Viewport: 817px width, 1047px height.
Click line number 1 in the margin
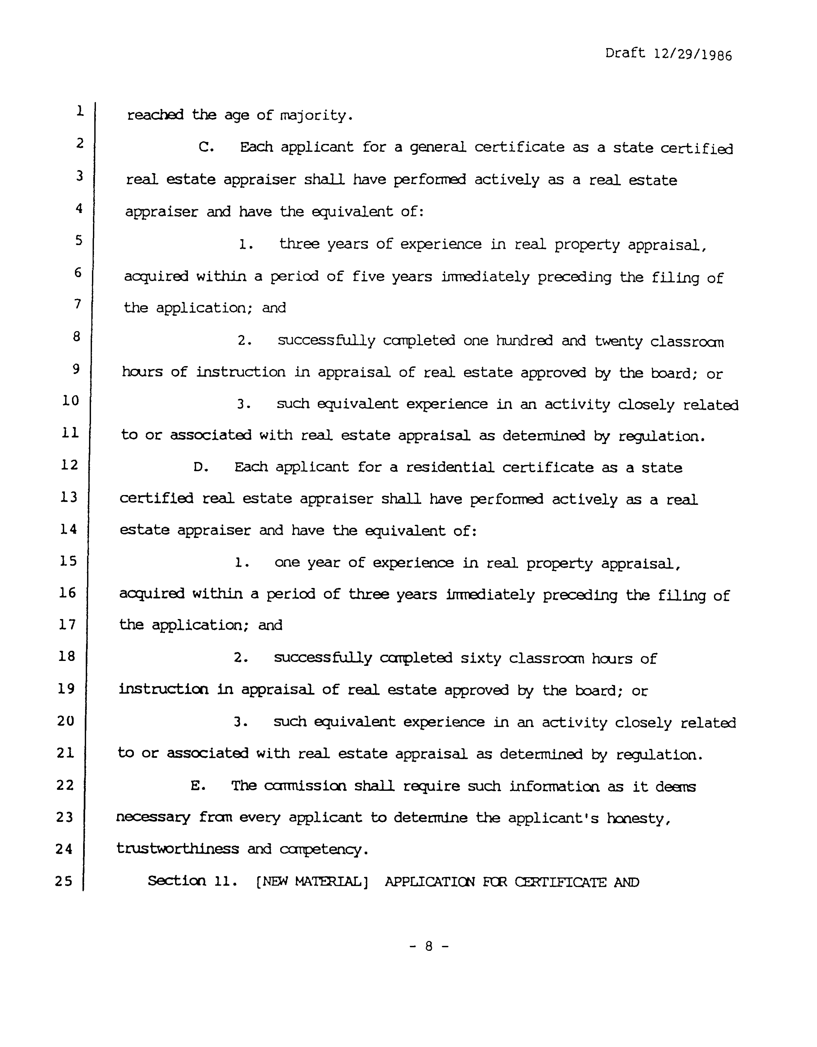80,111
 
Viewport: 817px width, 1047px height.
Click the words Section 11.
192,881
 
